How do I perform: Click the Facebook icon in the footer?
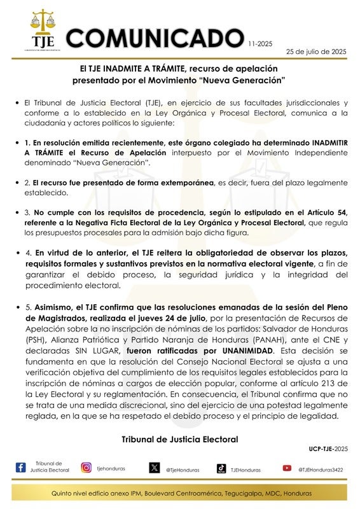click(20, 468)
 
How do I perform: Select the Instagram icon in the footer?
click(86, 468)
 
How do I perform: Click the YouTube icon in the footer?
click(287, 468)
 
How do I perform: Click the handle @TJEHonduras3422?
click(322, 470)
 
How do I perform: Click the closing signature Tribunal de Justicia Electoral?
click(179, 439)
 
